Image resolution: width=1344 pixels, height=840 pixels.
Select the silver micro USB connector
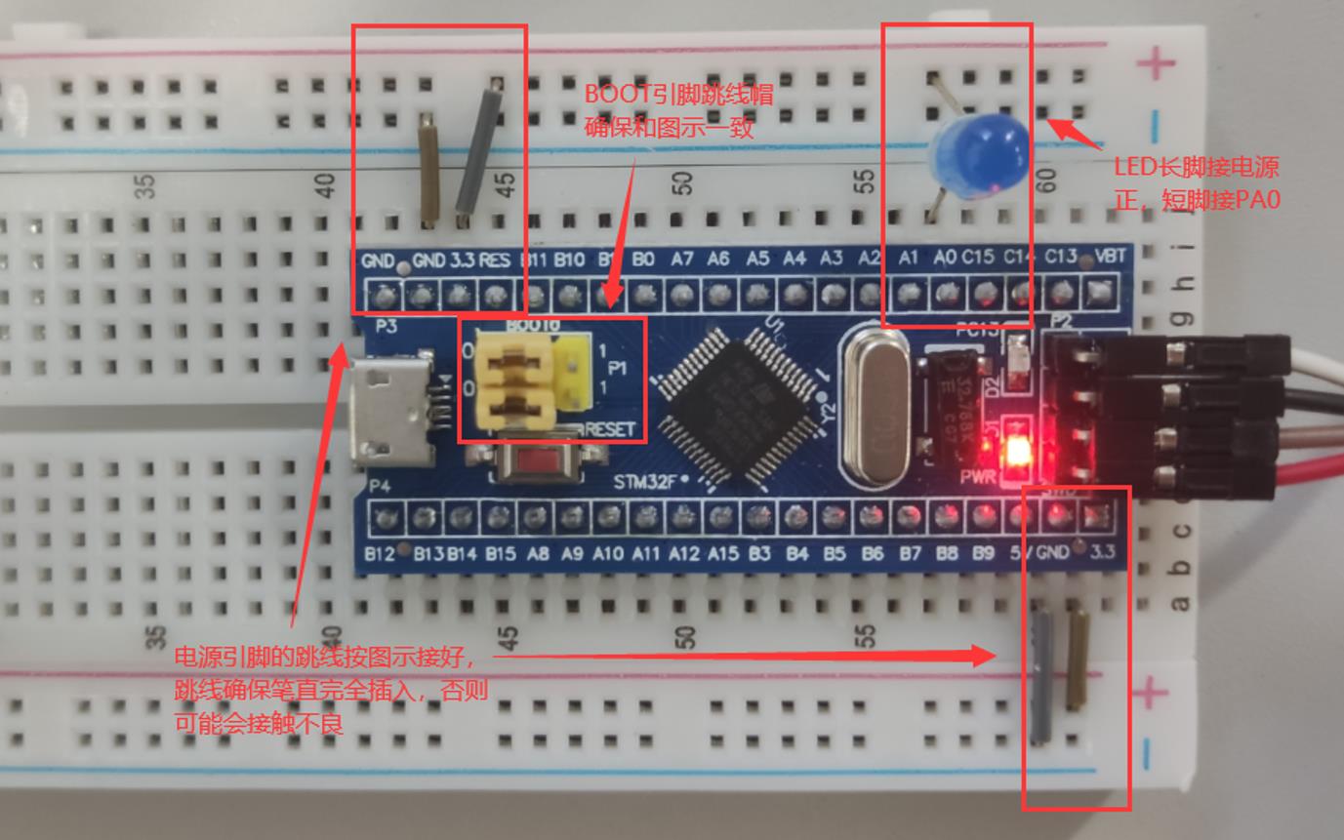click(x=387, y=410)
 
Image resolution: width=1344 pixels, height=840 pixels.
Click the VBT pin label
click(x=1110, y=257)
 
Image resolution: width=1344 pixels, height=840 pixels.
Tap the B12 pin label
click(x=380, y=554)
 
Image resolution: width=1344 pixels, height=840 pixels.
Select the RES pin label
click(x=495, y=260)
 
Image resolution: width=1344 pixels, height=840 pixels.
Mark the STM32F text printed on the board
click(x=644, y=481)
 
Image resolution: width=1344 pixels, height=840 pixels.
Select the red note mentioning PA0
click(x=1196, y=183)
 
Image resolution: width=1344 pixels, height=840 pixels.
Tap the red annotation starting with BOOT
click(x=678, y=110)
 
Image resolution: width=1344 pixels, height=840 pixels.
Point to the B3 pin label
click(x=760, y=554)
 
